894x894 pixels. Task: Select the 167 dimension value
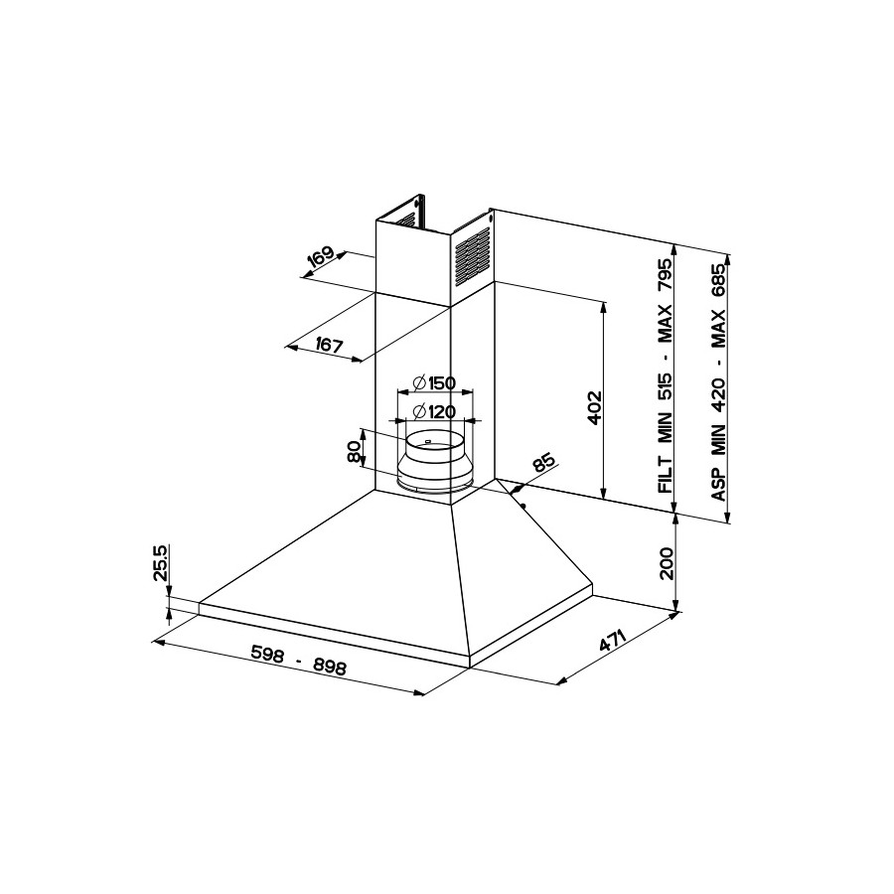click(329, 345)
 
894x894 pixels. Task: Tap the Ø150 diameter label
click(434, 382)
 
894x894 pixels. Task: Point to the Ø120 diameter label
click(434, 411)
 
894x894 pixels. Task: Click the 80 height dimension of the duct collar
click(354, 454)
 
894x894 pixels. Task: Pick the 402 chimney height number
click(594, 407)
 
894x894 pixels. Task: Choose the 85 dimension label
click(542, 462)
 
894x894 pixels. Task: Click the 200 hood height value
click(666, 563)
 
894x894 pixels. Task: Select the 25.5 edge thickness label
click(160, 562)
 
